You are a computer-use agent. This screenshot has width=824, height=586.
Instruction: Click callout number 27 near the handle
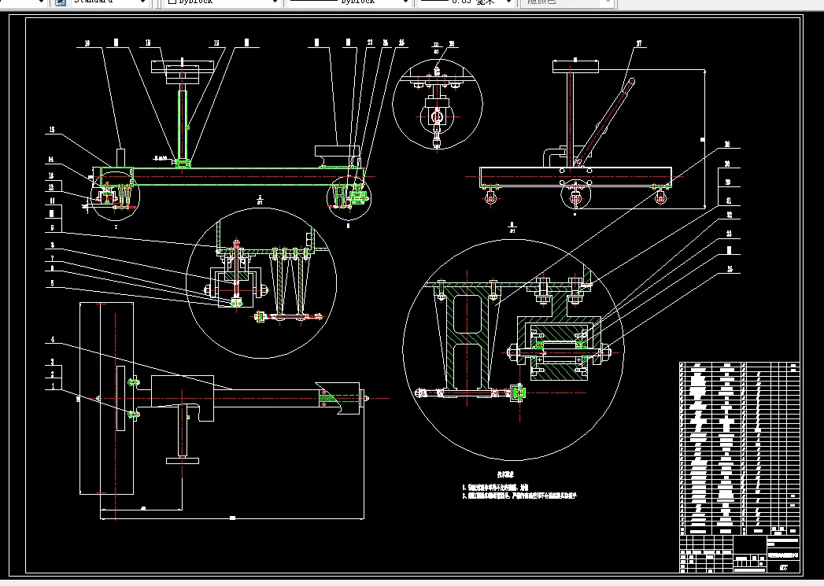(640, 44)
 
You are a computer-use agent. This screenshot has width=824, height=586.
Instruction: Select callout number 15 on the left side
(52, 130)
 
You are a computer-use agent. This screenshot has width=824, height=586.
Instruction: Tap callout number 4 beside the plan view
(52, 339)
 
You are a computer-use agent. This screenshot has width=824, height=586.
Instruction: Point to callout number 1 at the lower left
(52, 386)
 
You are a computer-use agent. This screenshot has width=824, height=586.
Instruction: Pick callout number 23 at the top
(370, 42)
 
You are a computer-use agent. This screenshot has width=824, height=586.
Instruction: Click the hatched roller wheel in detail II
(560, 350)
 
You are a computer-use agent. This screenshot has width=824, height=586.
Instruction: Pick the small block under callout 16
(120, 157)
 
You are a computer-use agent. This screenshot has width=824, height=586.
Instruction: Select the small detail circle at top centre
(436, 102)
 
